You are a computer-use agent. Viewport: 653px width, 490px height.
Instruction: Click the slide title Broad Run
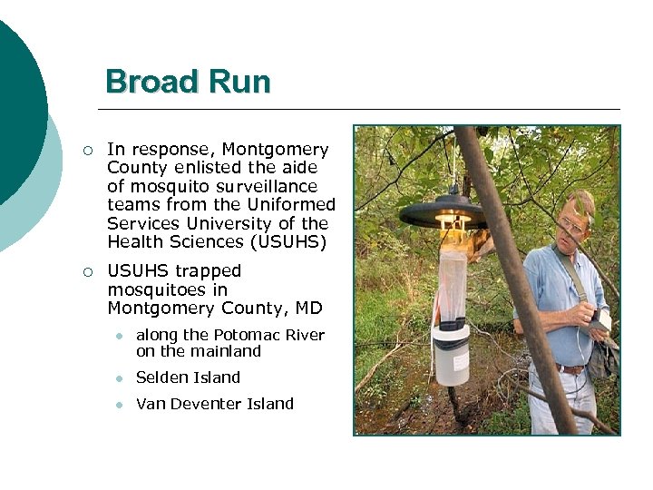coord(188,82)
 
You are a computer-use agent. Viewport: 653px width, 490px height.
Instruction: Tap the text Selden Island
coord(188,377)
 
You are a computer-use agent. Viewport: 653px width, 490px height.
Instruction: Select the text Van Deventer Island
coord(215,404)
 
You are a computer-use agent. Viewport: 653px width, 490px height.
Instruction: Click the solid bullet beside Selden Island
coord(119,378)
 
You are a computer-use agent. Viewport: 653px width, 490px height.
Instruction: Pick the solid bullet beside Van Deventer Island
coord(119,405)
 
